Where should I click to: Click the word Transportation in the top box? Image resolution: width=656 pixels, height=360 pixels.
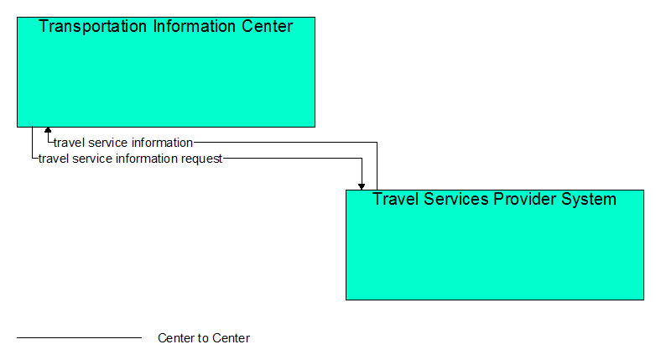pos(92,26)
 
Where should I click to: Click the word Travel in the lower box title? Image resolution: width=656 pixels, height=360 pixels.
pos(395,199)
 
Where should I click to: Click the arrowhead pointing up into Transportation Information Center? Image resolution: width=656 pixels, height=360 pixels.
pos(48,130)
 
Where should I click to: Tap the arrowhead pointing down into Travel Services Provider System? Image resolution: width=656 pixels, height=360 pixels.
pos(362,186)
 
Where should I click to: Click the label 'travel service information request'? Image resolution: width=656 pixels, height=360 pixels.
pos(130,159)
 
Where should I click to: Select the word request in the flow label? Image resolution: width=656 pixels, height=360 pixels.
pos(201,159)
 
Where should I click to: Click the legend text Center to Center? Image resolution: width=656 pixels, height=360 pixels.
pos(204,338)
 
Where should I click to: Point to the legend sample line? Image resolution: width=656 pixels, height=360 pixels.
pos(79,337)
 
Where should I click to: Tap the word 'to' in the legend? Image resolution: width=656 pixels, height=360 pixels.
pos(204,338)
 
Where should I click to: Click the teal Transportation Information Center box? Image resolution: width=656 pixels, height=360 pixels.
pos(166,72)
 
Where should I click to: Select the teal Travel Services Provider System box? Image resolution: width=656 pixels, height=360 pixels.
pos(495,245)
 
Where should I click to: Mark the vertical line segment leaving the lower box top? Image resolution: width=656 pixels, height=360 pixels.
pos(377,166)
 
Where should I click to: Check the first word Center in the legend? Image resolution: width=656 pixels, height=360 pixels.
pos(174,338)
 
